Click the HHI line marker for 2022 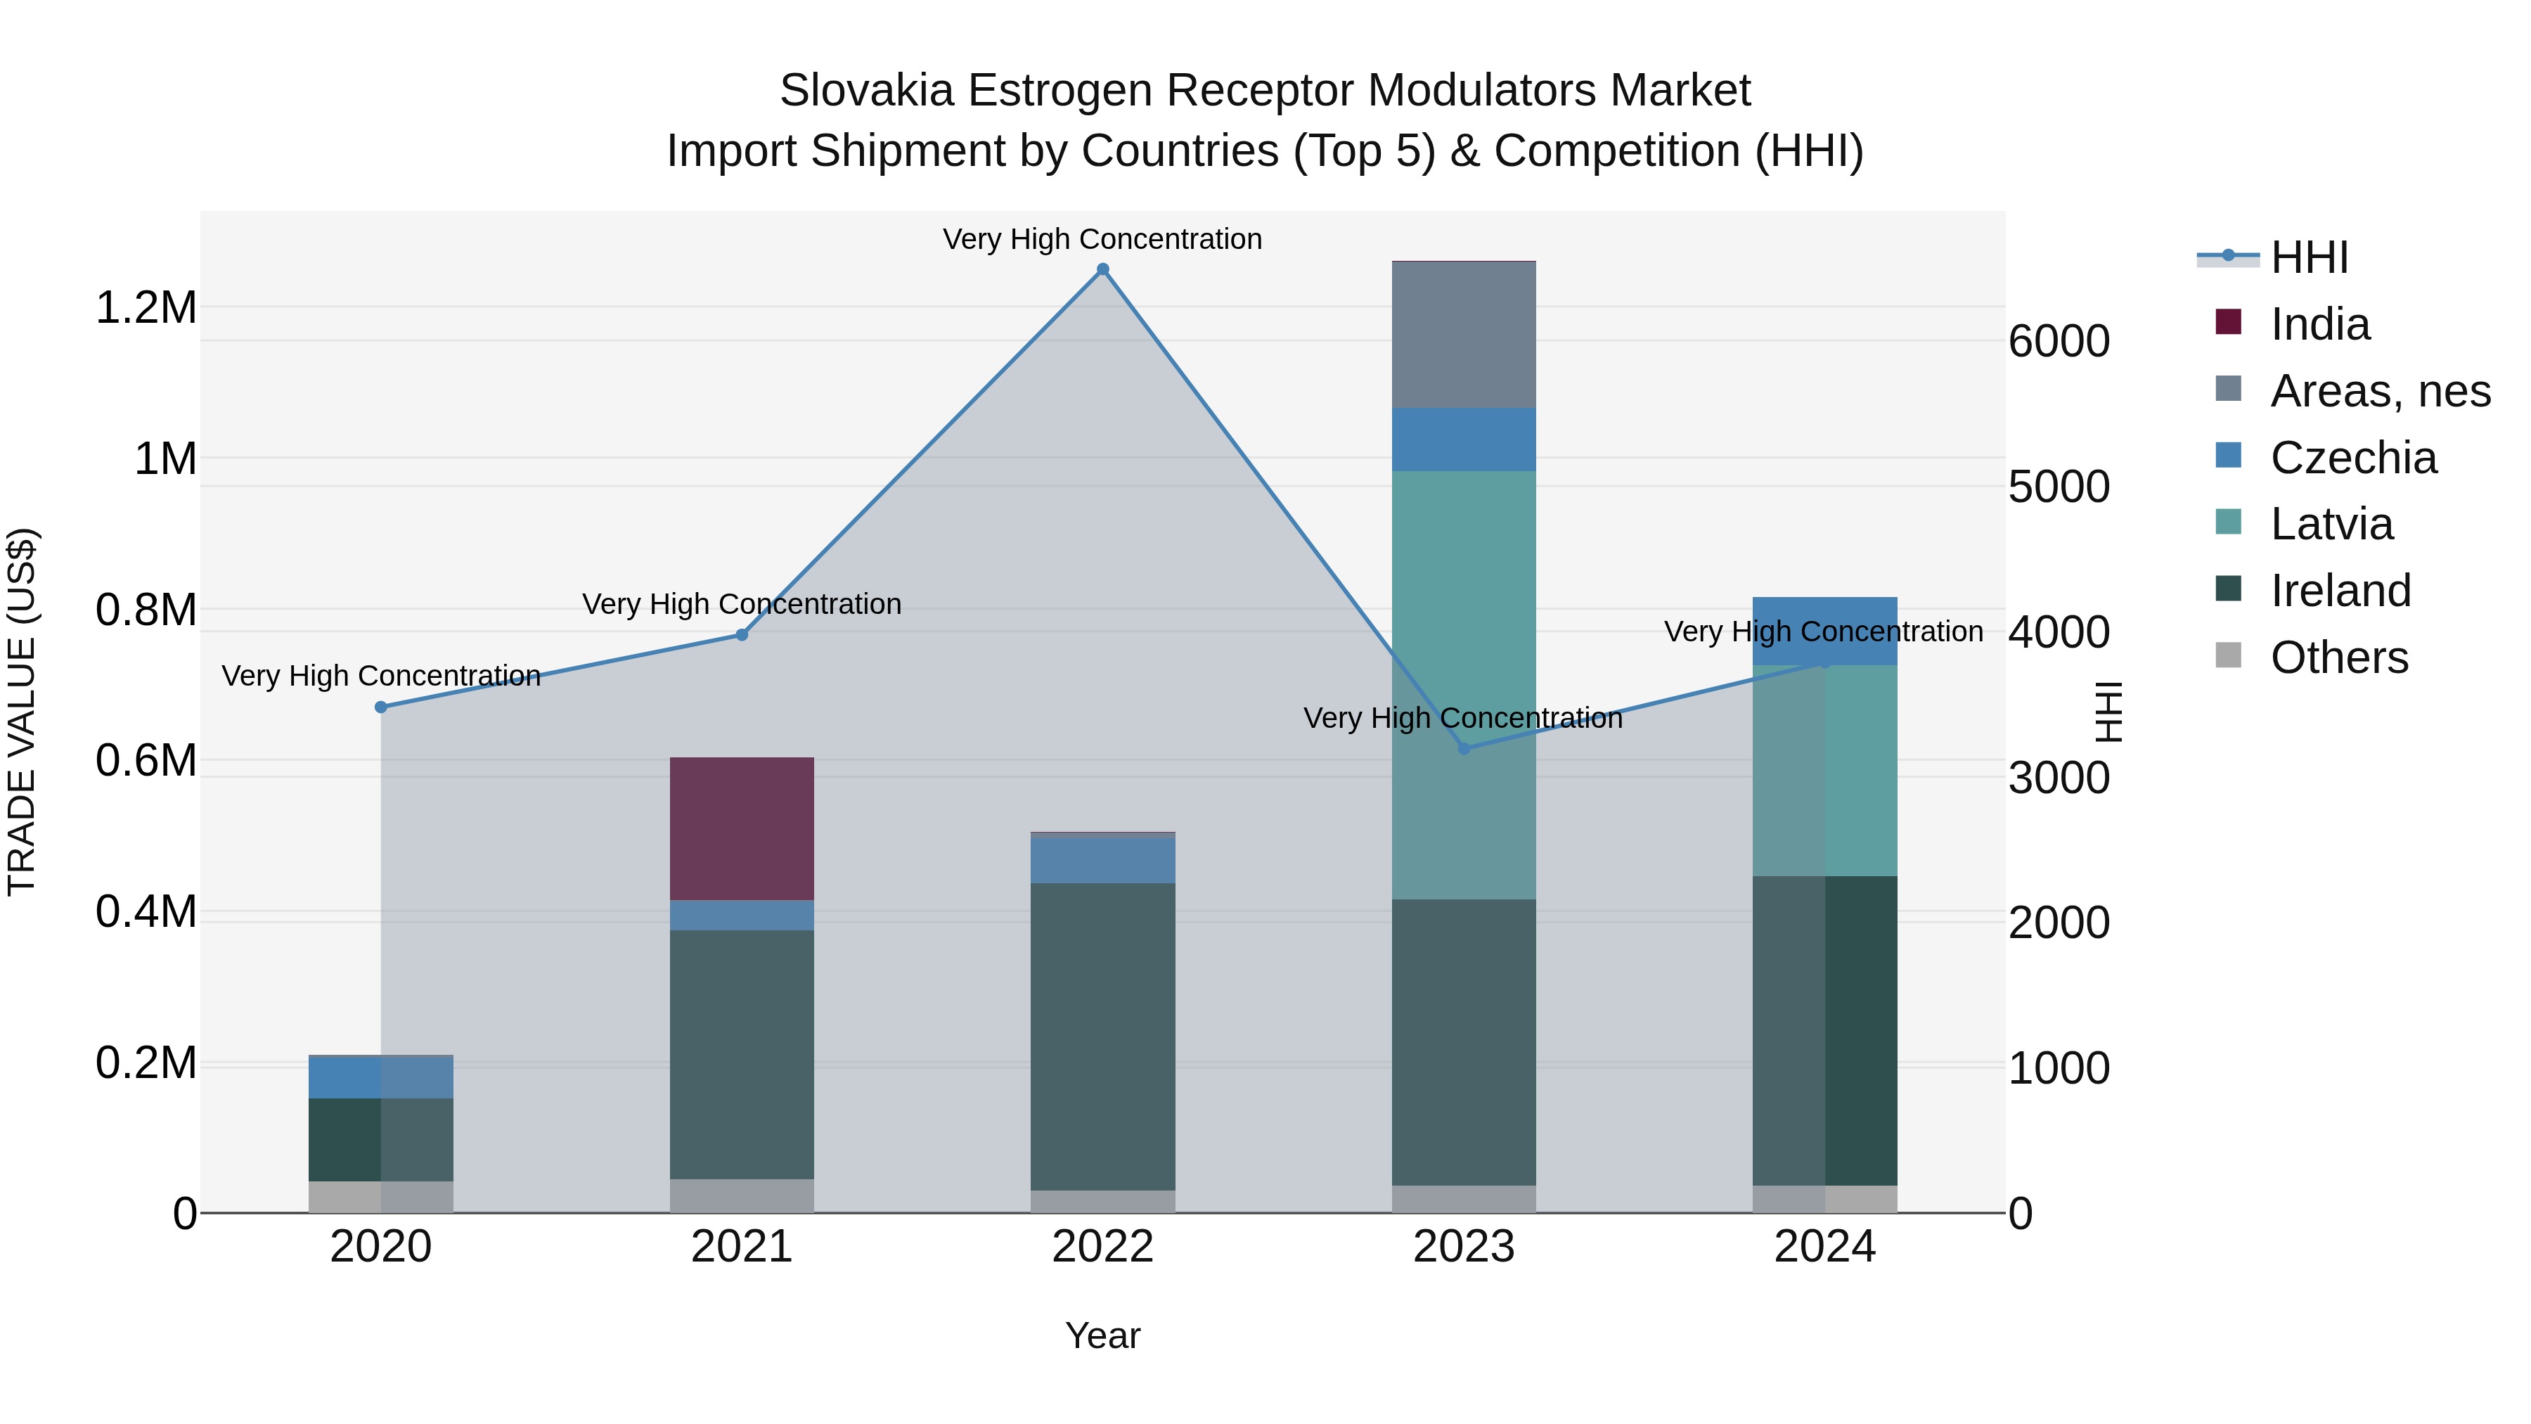(x=1102, y=269)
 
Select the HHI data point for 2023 (x=1464, y=749)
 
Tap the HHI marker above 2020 (x=381, y=707)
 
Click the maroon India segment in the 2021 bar (x=742, y=828)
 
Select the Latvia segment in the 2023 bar (x=1464, y=685)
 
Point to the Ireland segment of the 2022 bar (x=1102, y=1037)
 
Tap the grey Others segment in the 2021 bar (x=742, y=1196)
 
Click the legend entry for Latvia (x=2331, y=524)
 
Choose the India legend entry (x=2319, y=324)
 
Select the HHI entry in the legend (x=2309, y=257)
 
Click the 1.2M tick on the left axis (x=146, y=307)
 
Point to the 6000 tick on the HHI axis (x=2059, y=341)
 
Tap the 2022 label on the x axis (x=1102, y=1247)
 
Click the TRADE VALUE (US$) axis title (x=22, y=712)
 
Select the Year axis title (x=1102, y=1335)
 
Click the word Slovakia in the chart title (x=867, y=91)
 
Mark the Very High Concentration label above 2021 (x=742, y=603)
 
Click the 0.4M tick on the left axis (x=146, y=912)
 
